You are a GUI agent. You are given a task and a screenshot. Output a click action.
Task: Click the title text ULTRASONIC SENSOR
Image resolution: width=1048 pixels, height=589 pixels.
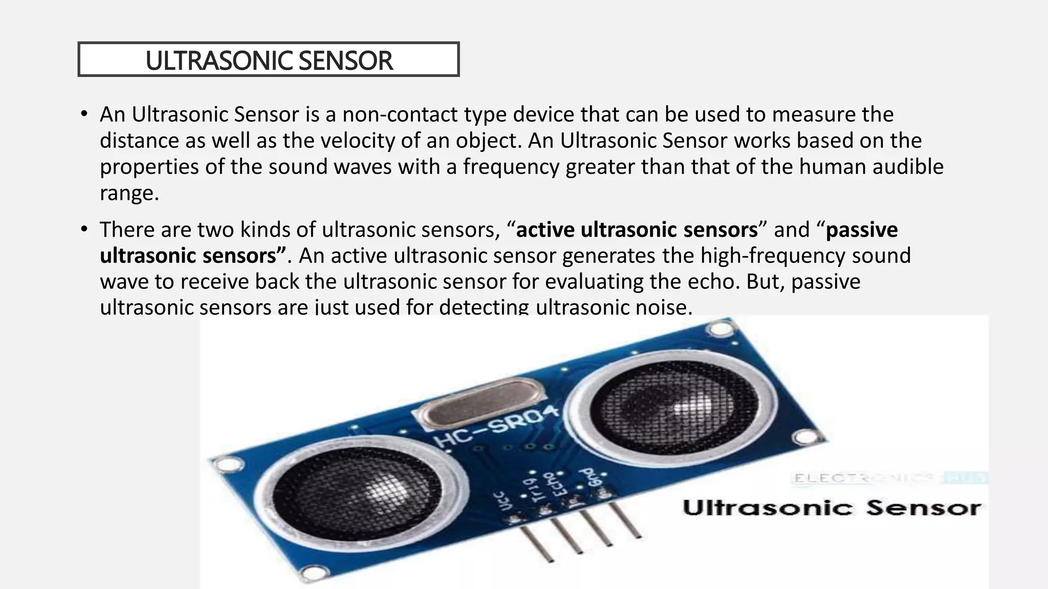[x=269, y=60]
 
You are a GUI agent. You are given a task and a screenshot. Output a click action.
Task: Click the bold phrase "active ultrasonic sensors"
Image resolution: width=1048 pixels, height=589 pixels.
[x=637, y=230]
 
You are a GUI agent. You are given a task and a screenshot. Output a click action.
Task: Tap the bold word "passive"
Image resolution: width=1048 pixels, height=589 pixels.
[x=862, y=230]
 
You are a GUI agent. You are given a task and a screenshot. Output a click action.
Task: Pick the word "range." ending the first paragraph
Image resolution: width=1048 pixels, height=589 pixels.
[x=129, y=193]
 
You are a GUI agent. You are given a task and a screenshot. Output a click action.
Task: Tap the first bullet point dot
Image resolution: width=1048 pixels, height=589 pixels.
[x=84, y=114]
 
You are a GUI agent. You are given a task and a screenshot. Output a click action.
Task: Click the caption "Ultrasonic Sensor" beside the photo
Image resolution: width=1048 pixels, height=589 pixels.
[x=832, y=508]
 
